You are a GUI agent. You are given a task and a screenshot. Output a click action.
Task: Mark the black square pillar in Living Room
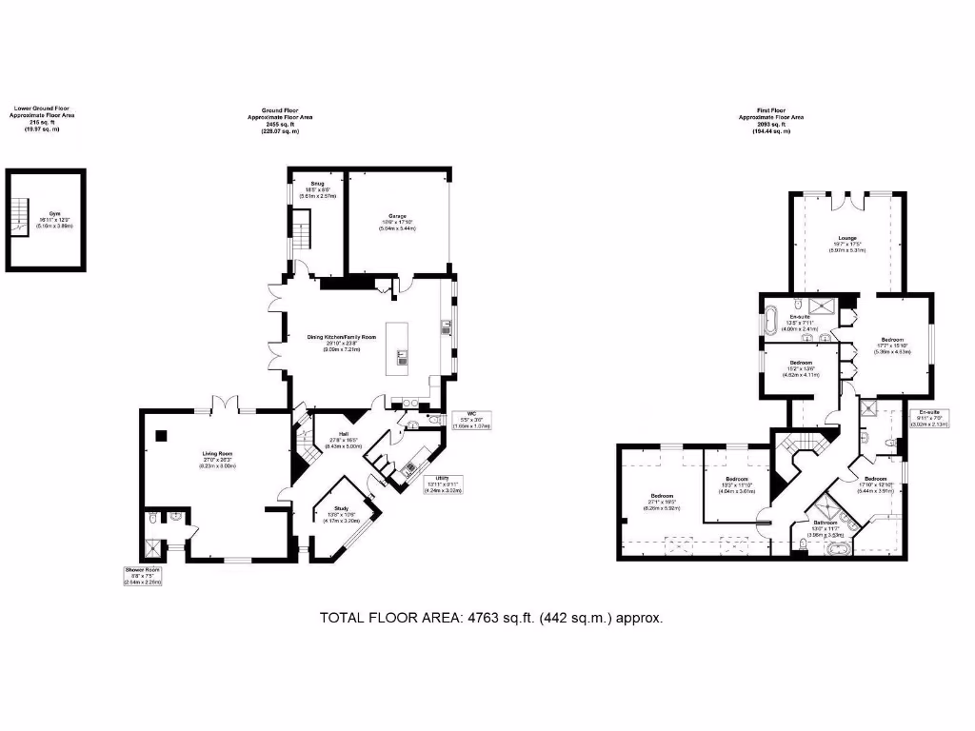(161, 436)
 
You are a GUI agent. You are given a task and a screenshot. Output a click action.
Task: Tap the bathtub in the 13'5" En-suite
(772, 314)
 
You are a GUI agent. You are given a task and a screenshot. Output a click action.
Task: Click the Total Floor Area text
(490, 618)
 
